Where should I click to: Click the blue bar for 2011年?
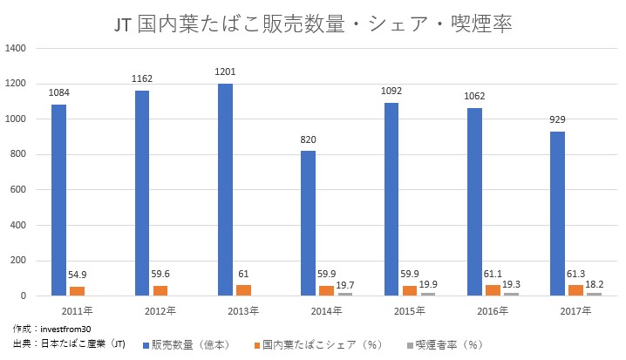pyautogui.click(x=58, y=200)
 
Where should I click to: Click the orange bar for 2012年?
pyautogui.click(x=160, y=291)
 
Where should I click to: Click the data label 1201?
pyautogui.click(x=225, y=72)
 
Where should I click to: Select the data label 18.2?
pyautogui.click(x=593, y=284)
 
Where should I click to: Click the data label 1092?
pyautogui.click(x=392, y=92)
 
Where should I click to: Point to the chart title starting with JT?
pyautogui.click(x=312, y=24)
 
